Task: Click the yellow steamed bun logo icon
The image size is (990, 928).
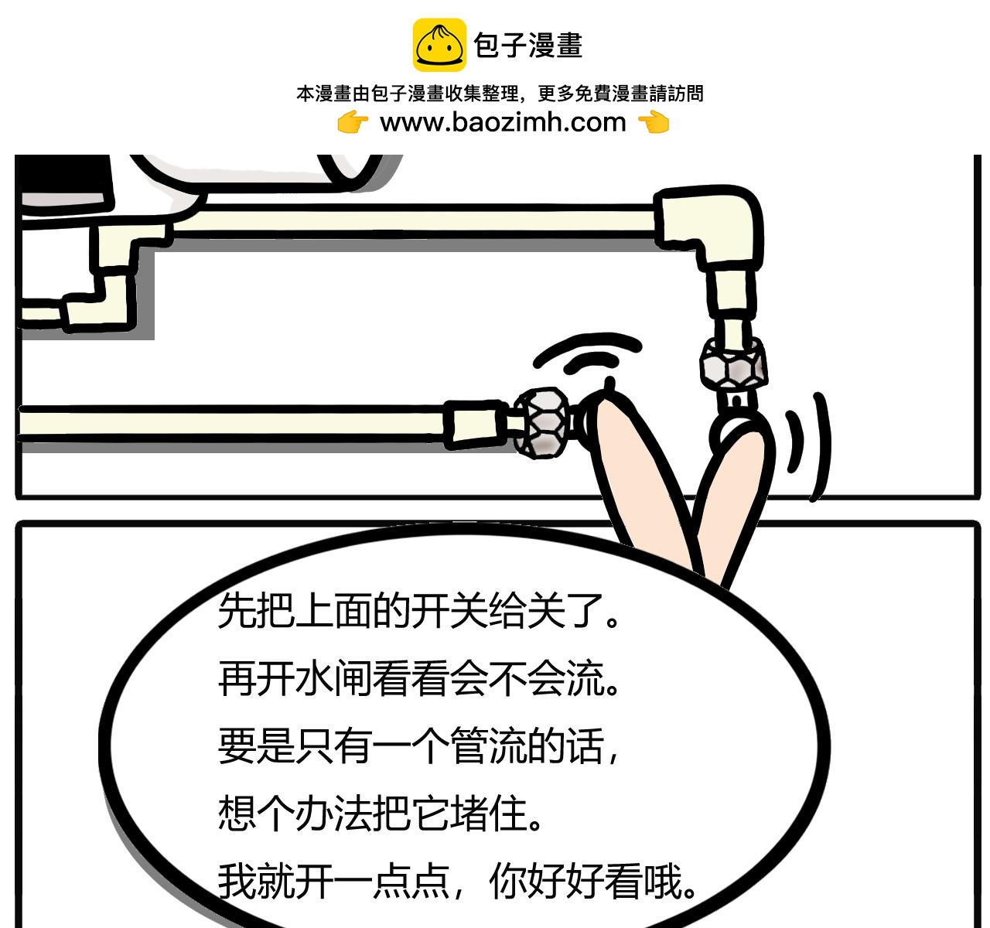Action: [439, 45]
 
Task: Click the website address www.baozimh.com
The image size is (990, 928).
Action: [503, 122]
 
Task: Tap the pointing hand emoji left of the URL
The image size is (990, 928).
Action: [353, 123]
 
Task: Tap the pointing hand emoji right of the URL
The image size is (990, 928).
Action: [654, 123]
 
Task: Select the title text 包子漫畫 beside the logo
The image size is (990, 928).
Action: [528, 46]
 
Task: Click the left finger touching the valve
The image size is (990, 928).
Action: [643, 479]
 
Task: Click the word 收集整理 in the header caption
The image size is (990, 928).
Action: [482, 94]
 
